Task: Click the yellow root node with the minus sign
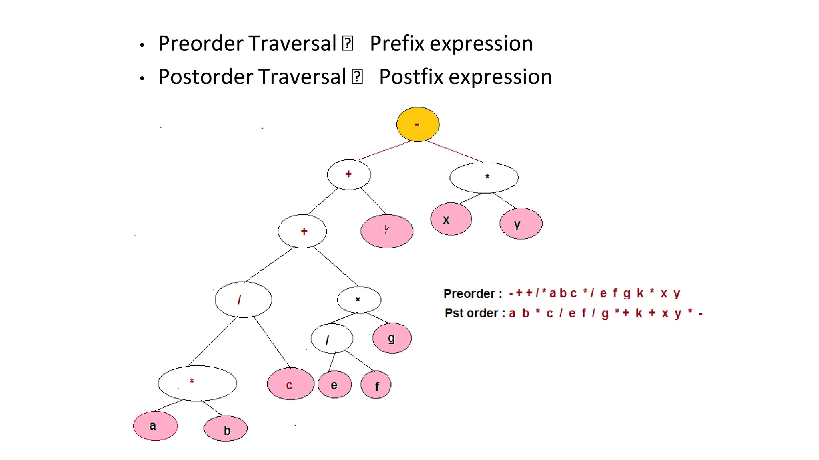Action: [x=417, y=124]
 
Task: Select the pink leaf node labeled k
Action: [x=387, y=231]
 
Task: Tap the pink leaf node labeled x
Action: [x=451, y=219]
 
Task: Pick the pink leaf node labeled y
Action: [x=521, y=224]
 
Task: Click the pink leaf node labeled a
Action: [x=155, y=426]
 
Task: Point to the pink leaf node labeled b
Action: [x=226, y=429]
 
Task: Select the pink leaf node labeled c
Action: [x=290, y=384]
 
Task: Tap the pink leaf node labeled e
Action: [x=335, y=385]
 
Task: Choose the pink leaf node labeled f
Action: [x=376, y=385]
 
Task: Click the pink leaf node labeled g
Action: [x=392, y=338]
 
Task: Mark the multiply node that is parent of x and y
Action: [x=484, y=178]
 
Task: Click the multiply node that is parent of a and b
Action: [x=197, y=383]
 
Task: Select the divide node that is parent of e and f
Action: [x=332, y=339]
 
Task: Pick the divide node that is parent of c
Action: [x=243, y=299]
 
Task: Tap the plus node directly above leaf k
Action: [x=349, y=174]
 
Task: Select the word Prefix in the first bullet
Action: [x=397, y=43]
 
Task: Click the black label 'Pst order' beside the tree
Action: [x=471, y=313]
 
